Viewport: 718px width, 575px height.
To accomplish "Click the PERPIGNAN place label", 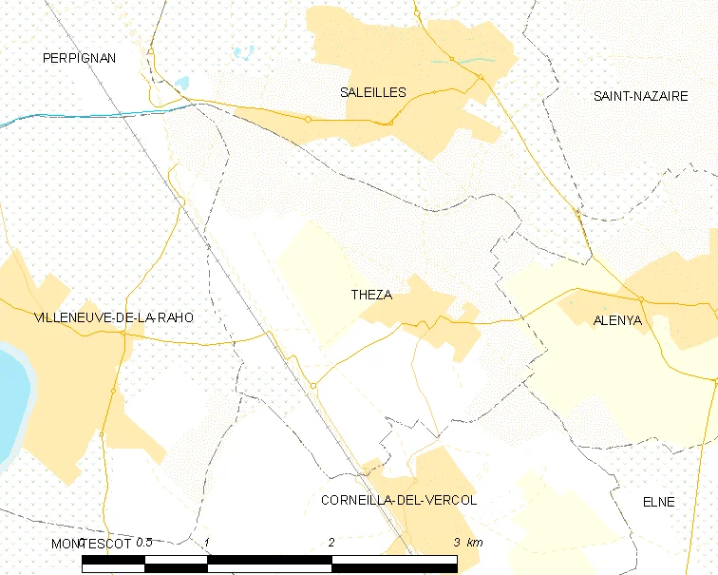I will (x=79, y=58).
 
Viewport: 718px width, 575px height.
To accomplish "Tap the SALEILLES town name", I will (x=373, y=92).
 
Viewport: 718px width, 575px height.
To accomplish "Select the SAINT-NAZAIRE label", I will (x=640, y=96).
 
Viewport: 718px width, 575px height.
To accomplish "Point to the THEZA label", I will (x=371, y=295).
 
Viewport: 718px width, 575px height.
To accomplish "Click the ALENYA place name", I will (x=617, y=320).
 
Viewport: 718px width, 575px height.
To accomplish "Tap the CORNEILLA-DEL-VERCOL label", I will (x=399, y=500).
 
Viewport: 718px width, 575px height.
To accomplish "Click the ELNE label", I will (x=658, y=501).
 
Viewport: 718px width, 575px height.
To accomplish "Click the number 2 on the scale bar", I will (x=331, y=542).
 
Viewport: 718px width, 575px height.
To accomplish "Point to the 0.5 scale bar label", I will (x=143, y=542).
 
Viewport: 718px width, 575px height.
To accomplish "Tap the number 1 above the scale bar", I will (x=207, y=542).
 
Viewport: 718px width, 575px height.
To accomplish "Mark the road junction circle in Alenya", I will (x=641, y=299).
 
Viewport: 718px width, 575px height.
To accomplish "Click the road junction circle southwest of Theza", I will (x=312, y=385).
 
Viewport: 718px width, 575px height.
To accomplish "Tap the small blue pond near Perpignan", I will (x=180, y=83).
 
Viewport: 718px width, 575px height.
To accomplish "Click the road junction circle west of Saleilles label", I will (x=308, y=119).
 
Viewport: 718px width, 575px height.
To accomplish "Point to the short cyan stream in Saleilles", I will (x=453, y=62).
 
